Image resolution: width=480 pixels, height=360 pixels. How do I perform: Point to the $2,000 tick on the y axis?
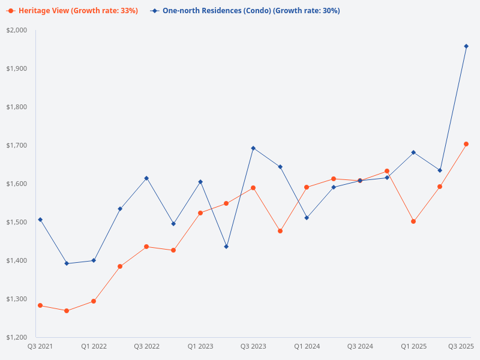17,30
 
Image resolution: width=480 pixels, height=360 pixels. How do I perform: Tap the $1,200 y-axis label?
17,337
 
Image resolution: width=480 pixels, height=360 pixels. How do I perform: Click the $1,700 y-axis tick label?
17,145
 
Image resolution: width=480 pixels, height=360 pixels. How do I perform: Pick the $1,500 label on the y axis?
17,222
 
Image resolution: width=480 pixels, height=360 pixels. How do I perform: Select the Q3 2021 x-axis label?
40,346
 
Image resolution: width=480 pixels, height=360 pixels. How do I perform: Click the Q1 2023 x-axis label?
200,346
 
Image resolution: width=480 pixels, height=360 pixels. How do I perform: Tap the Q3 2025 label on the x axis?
461,346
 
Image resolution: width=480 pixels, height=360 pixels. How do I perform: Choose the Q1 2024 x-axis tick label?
307,346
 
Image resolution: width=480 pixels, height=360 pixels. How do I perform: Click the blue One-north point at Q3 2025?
466,46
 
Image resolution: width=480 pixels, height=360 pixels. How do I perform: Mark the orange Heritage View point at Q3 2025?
466,144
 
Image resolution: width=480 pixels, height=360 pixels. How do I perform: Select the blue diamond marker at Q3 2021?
40,220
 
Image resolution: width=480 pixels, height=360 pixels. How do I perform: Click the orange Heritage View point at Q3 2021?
40,305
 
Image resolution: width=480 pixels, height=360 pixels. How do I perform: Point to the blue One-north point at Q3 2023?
253,148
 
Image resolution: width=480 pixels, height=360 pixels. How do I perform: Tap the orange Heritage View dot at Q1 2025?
413,221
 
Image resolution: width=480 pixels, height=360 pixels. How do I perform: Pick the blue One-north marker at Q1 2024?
307,218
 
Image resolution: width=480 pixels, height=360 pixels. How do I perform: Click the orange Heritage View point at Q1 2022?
94,301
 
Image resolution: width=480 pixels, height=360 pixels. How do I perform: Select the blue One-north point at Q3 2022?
146,178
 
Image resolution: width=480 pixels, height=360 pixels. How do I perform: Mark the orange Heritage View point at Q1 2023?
200,213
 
